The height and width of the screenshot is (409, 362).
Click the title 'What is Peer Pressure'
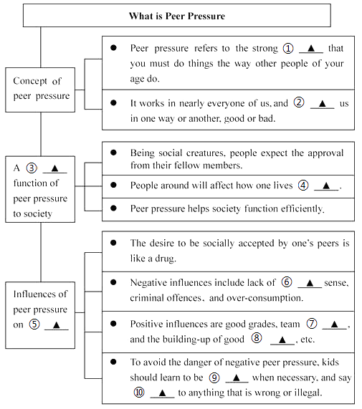[176, 16]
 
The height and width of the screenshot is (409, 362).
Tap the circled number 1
[288, 49]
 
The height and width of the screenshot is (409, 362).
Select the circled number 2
[299, 102]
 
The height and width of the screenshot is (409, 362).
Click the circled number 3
[32, 168]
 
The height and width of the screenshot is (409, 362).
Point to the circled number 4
[303, 186]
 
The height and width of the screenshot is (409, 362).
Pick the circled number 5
[34, 324]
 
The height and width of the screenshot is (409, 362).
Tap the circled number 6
[287, 282]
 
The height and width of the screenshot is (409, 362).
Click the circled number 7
[312, 324]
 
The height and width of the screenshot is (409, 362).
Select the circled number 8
[257, 338]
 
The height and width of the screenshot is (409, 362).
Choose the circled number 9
[214, 377]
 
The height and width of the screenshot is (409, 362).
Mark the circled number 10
[139, 393]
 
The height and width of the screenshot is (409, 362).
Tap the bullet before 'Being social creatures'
[113, 153]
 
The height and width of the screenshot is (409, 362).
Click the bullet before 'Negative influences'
[113, 282]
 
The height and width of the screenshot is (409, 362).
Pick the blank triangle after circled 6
[310, 283]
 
